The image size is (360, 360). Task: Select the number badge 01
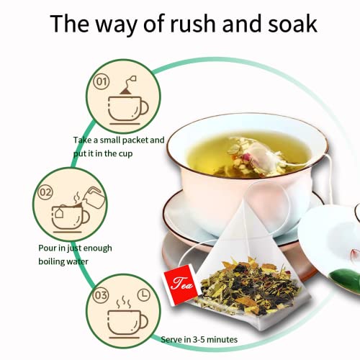pos(103,81)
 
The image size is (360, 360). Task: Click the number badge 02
pos(45,192)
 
